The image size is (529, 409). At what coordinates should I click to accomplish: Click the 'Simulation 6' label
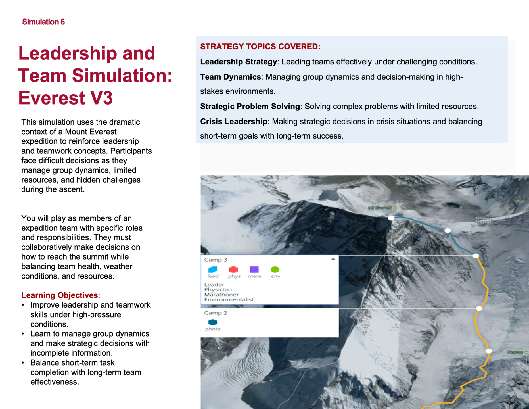[43, 22]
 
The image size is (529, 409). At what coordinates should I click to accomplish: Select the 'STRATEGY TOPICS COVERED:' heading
[260, 47]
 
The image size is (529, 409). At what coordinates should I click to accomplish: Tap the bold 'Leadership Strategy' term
[238, 62]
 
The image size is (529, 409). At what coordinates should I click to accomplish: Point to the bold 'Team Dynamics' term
[230, 77]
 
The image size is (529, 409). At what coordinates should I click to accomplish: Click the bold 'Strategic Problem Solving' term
[250, 107]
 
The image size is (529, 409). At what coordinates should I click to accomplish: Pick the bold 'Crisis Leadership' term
[233, 122]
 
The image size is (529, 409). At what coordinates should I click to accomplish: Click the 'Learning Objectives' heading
[60, 295]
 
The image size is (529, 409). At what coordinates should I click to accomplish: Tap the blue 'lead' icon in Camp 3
[213, 269]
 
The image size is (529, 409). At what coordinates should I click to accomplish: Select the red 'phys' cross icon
[233, 269]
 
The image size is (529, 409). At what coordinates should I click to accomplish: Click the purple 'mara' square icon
[254, 269]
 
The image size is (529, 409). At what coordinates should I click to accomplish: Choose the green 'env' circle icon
[275, 269]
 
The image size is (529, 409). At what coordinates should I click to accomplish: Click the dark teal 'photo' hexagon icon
[213, 322]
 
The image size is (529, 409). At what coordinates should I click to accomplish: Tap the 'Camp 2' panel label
[216, 313]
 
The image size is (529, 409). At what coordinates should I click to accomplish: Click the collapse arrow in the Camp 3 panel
[333, 259]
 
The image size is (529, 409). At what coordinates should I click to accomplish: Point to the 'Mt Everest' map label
[380, 208]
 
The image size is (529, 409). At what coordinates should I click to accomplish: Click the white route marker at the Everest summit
[391, 218]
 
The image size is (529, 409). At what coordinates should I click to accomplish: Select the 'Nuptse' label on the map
[515, 352]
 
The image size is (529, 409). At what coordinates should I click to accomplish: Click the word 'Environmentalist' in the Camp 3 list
[229, 299]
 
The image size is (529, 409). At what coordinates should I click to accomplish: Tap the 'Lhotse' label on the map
[521, 198]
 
